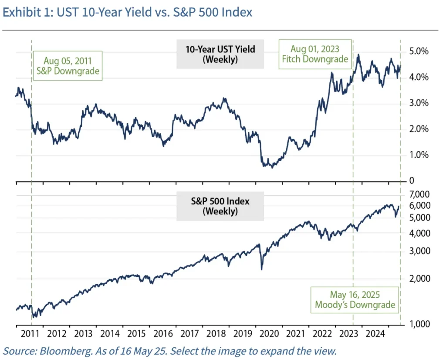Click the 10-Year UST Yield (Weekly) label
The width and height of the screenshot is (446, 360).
[220, 54]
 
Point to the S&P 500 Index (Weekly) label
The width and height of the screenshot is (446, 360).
[220, 206]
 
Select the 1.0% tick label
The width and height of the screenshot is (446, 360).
[418, 155]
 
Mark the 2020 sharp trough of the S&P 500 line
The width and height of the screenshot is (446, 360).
[261, 269]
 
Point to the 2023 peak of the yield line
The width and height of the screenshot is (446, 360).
[358, 55]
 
